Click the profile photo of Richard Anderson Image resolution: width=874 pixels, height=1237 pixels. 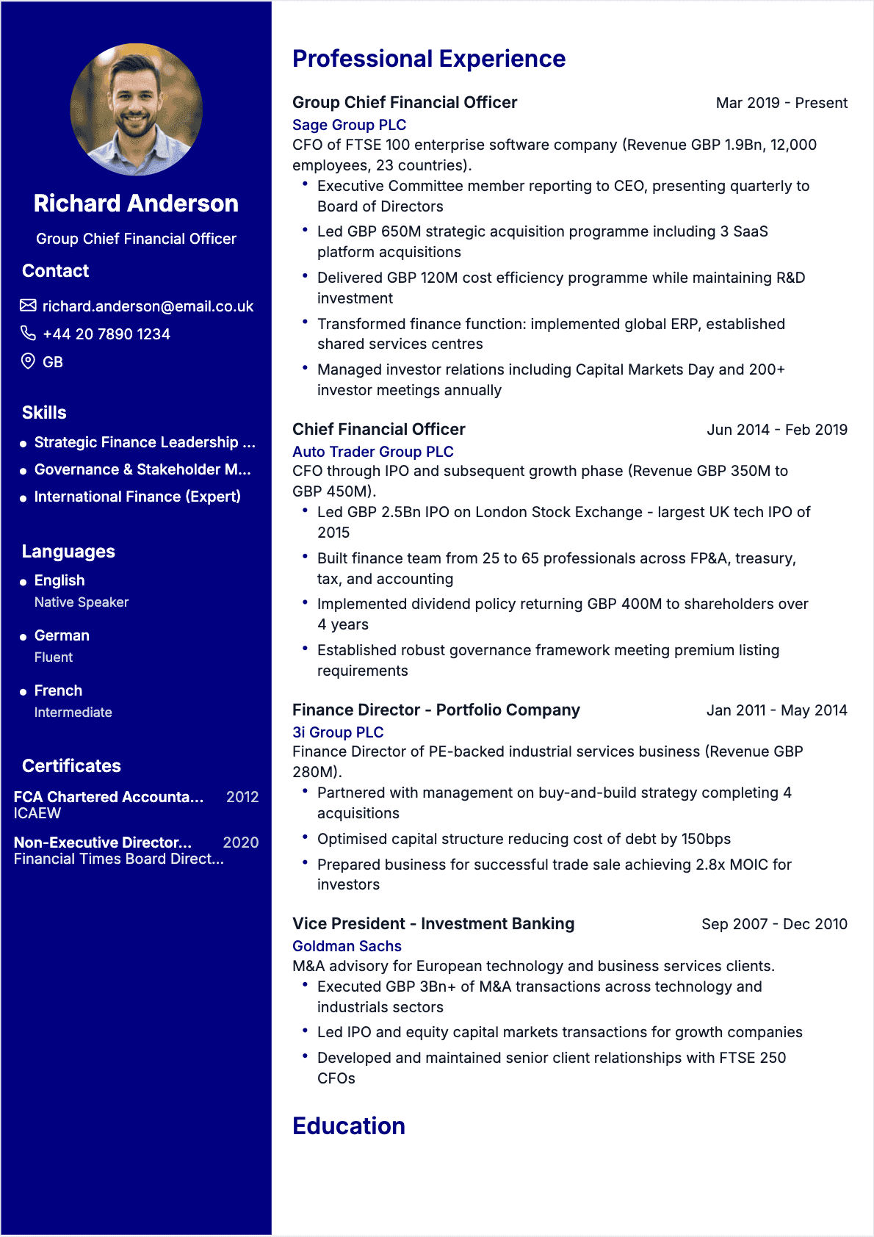coord(136,109)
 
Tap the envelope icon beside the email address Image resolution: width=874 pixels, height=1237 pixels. coord(28,306)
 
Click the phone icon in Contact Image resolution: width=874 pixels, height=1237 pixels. coord(28,333)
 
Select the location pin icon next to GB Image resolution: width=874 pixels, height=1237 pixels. coord(28,361)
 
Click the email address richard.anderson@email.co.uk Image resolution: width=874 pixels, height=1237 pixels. coord(148,306)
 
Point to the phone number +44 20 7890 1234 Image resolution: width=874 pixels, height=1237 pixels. coord(106,334)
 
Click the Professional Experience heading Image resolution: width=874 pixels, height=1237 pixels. coord(429,59)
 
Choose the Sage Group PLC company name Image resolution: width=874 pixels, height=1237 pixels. coord(349,125)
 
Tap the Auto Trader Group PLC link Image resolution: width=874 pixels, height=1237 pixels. coord(372,452)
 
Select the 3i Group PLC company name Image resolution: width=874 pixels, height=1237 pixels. coord(338,732)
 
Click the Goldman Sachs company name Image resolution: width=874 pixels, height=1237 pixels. coord(347,946)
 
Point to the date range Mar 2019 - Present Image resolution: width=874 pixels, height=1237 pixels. coord(781,103)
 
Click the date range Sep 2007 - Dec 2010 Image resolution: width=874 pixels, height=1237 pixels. coord(774,924)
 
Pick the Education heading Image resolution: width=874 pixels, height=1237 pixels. coord(349,1126)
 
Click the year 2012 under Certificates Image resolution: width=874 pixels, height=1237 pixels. coord(242,797)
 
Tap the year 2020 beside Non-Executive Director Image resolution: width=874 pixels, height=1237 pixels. coord(241,843)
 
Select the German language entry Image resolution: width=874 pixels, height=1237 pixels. coord(62,635)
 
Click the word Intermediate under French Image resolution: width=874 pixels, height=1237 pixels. coord(73,713)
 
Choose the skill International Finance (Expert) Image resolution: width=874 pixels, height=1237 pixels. coord(137,497)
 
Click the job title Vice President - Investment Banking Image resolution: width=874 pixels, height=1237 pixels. coord(433,924)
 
